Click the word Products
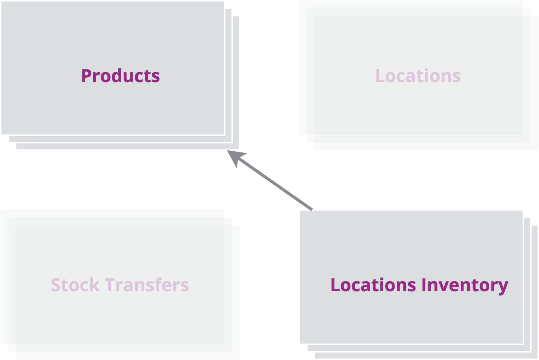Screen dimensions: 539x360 (x=121, y=76)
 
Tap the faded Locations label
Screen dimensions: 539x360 (x=418, y=76)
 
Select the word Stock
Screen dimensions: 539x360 (x=75, y=285)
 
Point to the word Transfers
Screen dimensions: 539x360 (x=147, y=285)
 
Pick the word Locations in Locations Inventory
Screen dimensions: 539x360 (x=373, y=285)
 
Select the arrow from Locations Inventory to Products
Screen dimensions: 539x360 (x=270, y=180)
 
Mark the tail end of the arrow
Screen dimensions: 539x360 (x=312, y=210)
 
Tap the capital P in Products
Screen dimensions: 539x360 (x=86, y=76)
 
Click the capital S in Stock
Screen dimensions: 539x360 (x=56, y=285)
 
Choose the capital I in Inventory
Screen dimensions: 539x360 (x=424, y=285)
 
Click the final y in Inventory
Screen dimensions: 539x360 (x=503, y=288)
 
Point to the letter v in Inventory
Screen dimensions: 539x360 (x=443, y=287)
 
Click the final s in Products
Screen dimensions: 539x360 (x=156, y=78)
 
